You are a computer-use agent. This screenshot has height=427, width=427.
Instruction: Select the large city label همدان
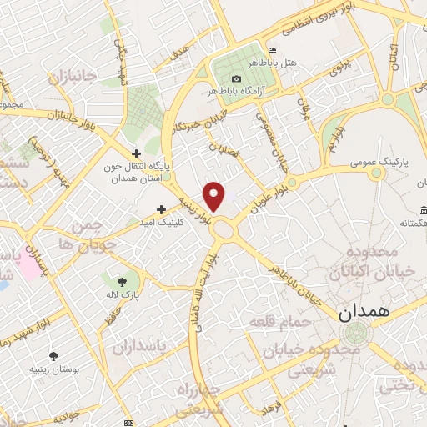tap(365, 314)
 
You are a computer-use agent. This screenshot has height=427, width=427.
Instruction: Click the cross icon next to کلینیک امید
tap(161, 208)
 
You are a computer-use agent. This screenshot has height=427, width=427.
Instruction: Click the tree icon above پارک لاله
tap(123, 282)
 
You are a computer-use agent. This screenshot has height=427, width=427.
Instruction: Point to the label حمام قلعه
tap(282, 322)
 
